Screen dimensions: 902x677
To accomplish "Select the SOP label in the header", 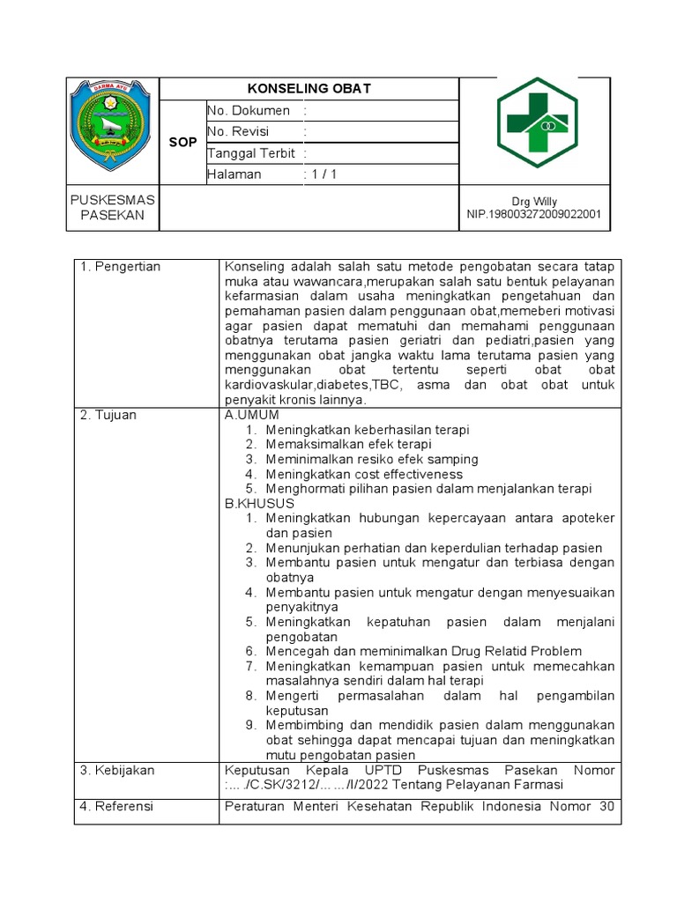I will click(x=182, y=143).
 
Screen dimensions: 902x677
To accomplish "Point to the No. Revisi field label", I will click(x=238, y=132).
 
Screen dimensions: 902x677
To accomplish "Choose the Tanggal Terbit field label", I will click(x=250, y=153).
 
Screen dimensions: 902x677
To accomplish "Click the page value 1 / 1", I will click(x=323, y=174).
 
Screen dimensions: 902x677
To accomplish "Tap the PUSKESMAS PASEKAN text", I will click(x=112, y=208).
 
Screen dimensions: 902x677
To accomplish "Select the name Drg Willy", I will click(x=534, y=202).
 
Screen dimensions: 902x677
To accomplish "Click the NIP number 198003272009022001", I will click(x=534, y=214).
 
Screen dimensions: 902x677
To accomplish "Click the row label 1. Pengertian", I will click(x=121, y=267).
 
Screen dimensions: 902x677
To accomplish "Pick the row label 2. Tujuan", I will click(x=109, y=415).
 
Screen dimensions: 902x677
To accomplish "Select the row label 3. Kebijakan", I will click(x=117, y=770).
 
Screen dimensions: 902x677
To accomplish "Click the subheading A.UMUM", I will click(x=252, y=415).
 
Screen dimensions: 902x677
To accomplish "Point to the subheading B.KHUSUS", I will click(x=259, y=503).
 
